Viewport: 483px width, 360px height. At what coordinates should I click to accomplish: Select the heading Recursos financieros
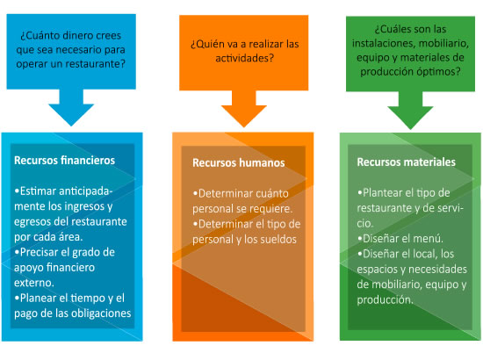(64, 161)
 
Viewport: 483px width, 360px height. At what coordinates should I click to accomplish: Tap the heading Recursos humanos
(238, 162)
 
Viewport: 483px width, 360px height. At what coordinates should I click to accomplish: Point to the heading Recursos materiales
(406, 162)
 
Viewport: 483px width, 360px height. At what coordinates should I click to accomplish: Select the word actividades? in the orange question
(244, 58)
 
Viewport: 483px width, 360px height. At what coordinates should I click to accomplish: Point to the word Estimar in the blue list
(38, 191)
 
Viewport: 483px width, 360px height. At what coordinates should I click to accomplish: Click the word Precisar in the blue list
(40, 252)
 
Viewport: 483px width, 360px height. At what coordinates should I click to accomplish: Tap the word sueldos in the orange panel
(278, 240)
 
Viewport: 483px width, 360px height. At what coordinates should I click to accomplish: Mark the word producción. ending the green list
(385, 300)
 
